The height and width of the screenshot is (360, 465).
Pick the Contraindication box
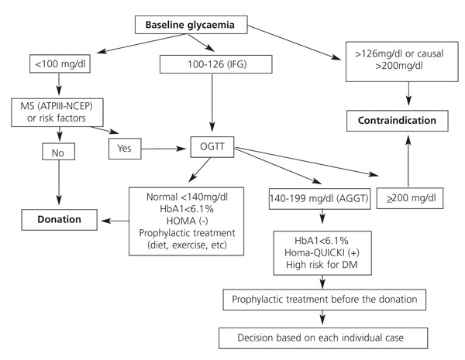point(408,122)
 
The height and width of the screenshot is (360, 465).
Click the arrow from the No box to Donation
point(59,186)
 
